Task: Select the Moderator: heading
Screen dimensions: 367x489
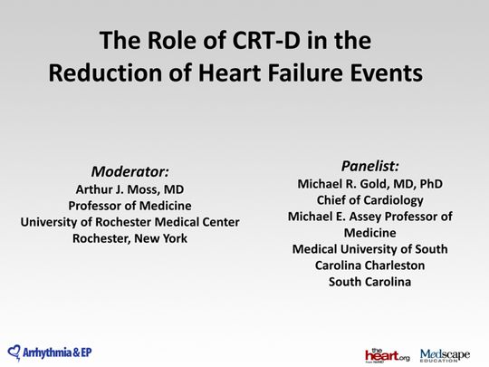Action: coord(130,171)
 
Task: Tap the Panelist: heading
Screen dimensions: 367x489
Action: coord(370,166)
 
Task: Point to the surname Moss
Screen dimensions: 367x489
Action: coord(151,189)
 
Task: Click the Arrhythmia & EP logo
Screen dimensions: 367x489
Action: coord(50,352)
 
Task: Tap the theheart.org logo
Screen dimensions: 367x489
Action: coord(387,353)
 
